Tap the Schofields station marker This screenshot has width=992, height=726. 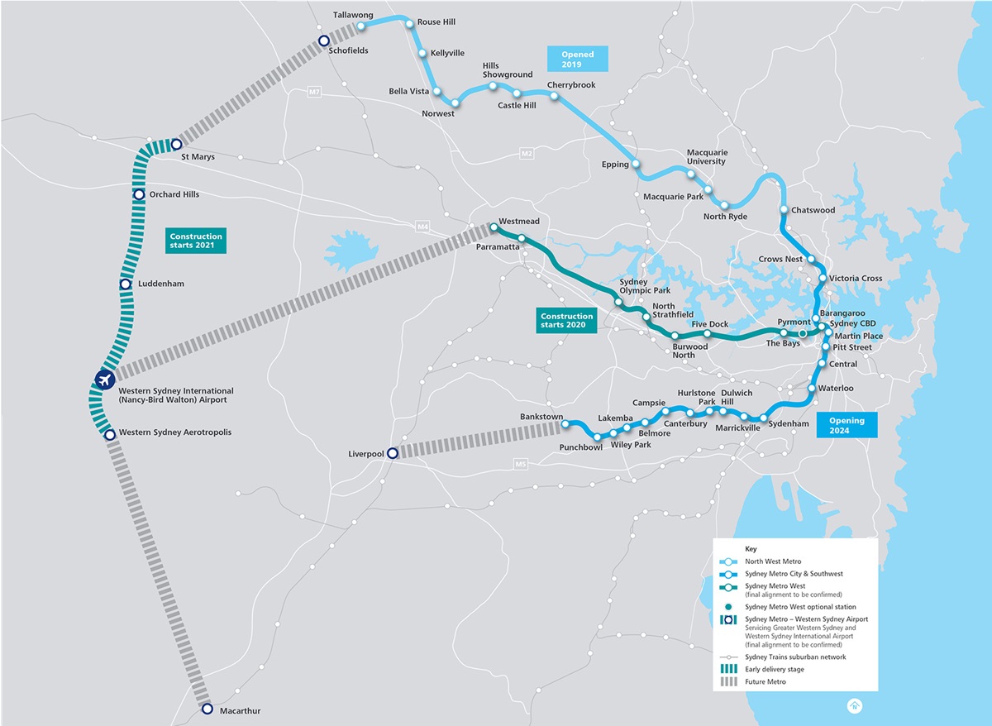click(324, 41)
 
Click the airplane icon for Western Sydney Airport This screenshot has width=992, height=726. click(104, 380)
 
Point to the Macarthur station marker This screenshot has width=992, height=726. click(207, 709)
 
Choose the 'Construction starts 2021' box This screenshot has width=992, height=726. click(195, 241)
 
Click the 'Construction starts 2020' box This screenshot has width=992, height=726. click(566, 321)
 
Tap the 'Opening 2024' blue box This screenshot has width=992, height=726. click(847, 425)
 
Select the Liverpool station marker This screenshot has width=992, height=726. click(393, 453)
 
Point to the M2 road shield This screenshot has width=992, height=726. click(527, 154)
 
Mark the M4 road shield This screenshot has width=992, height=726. click(424, 226)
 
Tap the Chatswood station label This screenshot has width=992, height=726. click(813, 210)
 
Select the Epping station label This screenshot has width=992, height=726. click(615, 165)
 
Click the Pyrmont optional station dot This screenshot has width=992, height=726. click(802, 333)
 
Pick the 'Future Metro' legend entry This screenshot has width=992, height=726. click(764, 681)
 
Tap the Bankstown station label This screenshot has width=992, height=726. click(541, 416)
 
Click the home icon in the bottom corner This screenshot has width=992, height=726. click(853, 705)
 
